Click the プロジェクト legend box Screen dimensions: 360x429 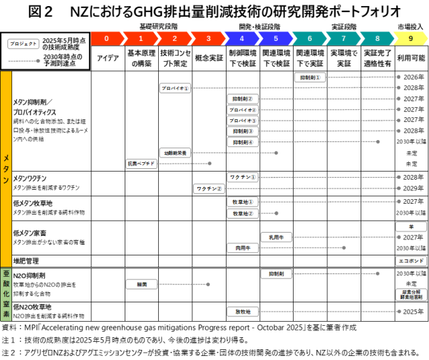(x=23, y=44)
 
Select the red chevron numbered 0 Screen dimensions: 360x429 (x=107, y=38)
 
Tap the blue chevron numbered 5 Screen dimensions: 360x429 (x=275, y=38)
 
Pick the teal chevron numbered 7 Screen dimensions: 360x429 (x=343, y=38)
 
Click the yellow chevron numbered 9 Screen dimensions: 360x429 (x=410, y=38)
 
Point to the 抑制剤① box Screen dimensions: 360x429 (x=310, y=77)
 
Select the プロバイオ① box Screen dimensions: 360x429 (x=175, y=88)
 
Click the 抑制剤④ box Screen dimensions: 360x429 (x=242, y=142)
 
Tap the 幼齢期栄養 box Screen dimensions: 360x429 (x=175, y=153)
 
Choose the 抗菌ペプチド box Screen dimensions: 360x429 (x=141, y=164)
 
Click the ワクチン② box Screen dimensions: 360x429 (x=208, y=189)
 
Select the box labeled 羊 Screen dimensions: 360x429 (x=411, y=227)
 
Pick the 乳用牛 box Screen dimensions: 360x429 (x=276, y=237)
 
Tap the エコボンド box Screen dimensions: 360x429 (x=411, y=261)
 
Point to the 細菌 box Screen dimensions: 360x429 (x=141, y=284)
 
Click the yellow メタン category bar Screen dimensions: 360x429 (x=6, y=169)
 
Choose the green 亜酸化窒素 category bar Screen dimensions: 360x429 (x=6, y=294)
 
